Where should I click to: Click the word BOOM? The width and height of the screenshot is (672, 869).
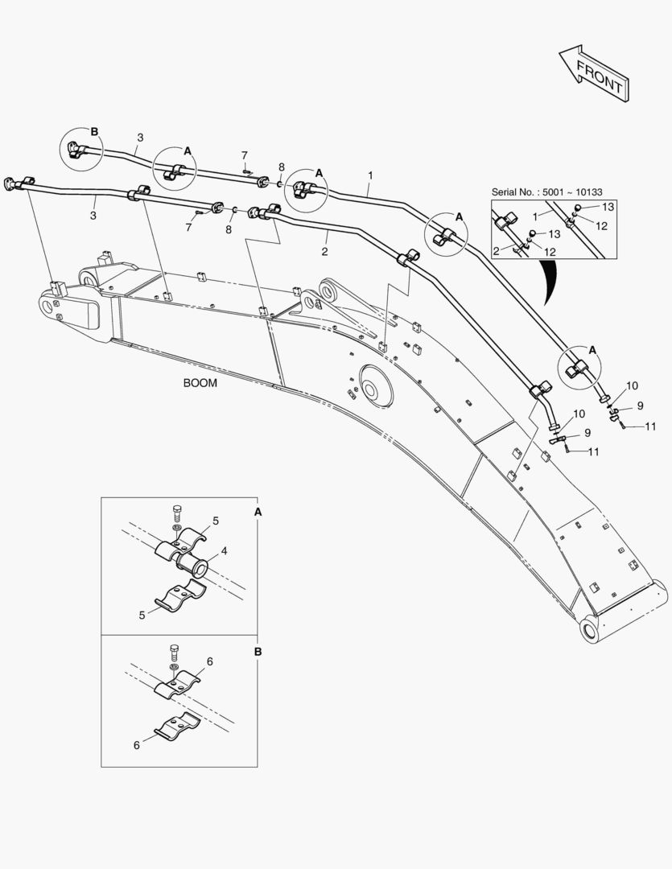(x=200, y=384)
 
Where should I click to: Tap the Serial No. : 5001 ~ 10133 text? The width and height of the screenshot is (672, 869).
(x=547, y=192)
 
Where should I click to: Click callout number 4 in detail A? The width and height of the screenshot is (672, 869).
(x=225, y=552)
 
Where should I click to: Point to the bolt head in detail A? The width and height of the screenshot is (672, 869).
(x=177, y=510)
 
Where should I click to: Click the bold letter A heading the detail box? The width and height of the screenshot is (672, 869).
(x=258, y=511)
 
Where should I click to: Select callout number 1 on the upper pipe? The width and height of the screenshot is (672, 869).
(x=370, y=174)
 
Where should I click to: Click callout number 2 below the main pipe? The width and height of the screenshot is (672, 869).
(x=324, y=252)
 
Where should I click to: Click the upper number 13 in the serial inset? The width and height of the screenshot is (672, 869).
(x=608, y=208)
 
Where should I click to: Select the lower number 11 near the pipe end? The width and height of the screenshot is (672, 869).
(x=593, y=452)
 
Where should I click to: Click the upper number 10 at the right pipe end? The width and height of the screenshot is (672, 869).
(x=632, y=386)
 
